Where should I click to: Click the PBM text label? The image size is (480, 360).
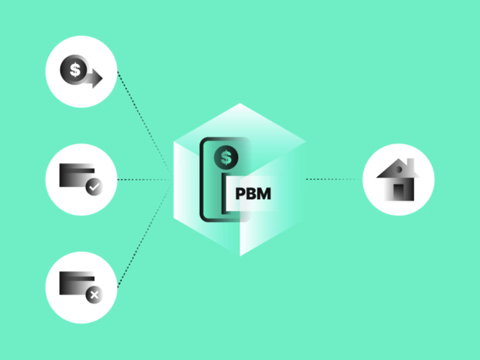[x=253, y=194]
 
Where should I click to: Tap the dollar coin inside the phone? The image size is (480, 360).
[x=226, y=157]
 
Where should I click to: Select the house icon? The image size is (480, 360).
[x=398, y=179]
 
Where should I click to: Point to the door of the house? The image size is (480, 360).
[x=399, y=192]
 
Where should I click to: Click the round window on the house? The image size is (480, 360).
[x=399, y=170]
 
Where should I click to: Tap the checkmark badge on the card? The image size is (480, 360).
[x=94, y=187]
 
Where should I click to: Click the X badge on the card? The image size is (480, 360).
[x=94, y=295]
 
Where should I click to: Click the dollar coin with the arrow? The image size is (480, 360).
[x=74, y=69]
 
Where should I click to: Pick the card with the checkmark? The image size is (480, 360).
[x=77, y=175]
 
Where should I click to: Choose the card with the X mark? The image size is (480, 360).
[x=77, y=284]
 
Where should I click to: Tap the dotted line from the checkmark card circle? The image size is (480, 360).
[x=144, y=179]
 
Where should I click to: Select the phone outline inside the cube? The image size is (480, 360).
[x=201, y=179]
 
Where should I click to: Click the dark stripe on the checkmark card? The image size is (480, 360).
[x=77, y=170]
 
